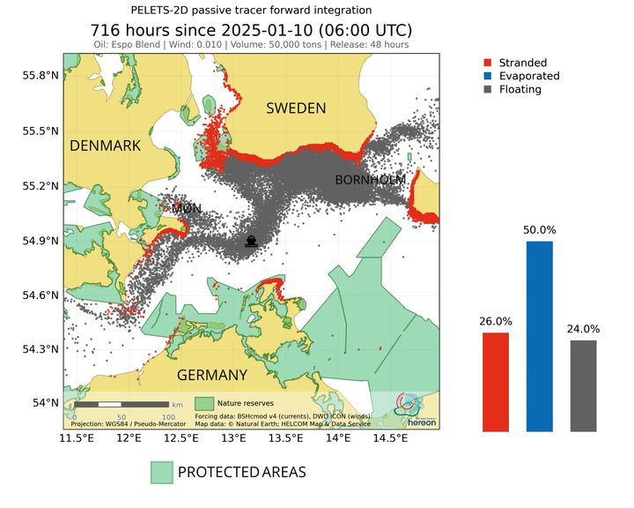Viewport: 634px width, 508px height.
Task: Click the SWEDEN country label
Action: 296,108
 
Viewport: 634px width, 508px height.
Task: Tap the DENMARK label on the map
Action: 106,146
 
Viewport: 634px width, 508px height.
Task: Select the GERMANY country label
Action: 212,375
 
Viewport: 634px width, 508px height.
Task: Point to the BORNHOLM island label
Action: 370,180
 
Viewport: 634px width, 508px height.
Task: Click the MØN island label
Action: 186,209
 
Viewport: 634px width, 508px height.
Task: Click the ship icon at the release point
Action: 251,240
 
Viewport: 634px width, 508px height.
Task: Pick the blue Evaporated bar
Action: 540,336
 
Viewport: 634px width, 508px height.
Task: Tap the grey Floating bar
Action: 583,385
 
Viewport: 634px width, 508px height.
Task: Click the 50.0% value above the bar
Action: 540,229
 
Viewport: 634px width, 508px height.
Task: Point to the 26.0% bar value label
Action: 496,321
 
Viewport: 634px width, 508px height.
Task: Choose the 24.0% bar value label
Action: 583,329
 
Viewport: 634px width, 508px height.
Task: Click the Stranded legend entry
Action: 522,63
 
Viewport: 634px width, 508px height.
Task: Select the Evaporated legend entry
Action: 528,76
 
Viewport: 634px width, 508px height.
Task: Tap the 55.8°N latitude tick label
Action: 39,76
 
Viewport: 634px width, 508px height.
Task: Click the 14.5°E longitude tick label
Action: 390,439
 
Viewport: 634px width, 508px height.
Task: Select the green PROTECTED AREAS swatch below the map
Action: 161,472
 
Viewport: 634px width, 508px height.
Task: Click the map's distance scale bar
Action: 122,404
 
